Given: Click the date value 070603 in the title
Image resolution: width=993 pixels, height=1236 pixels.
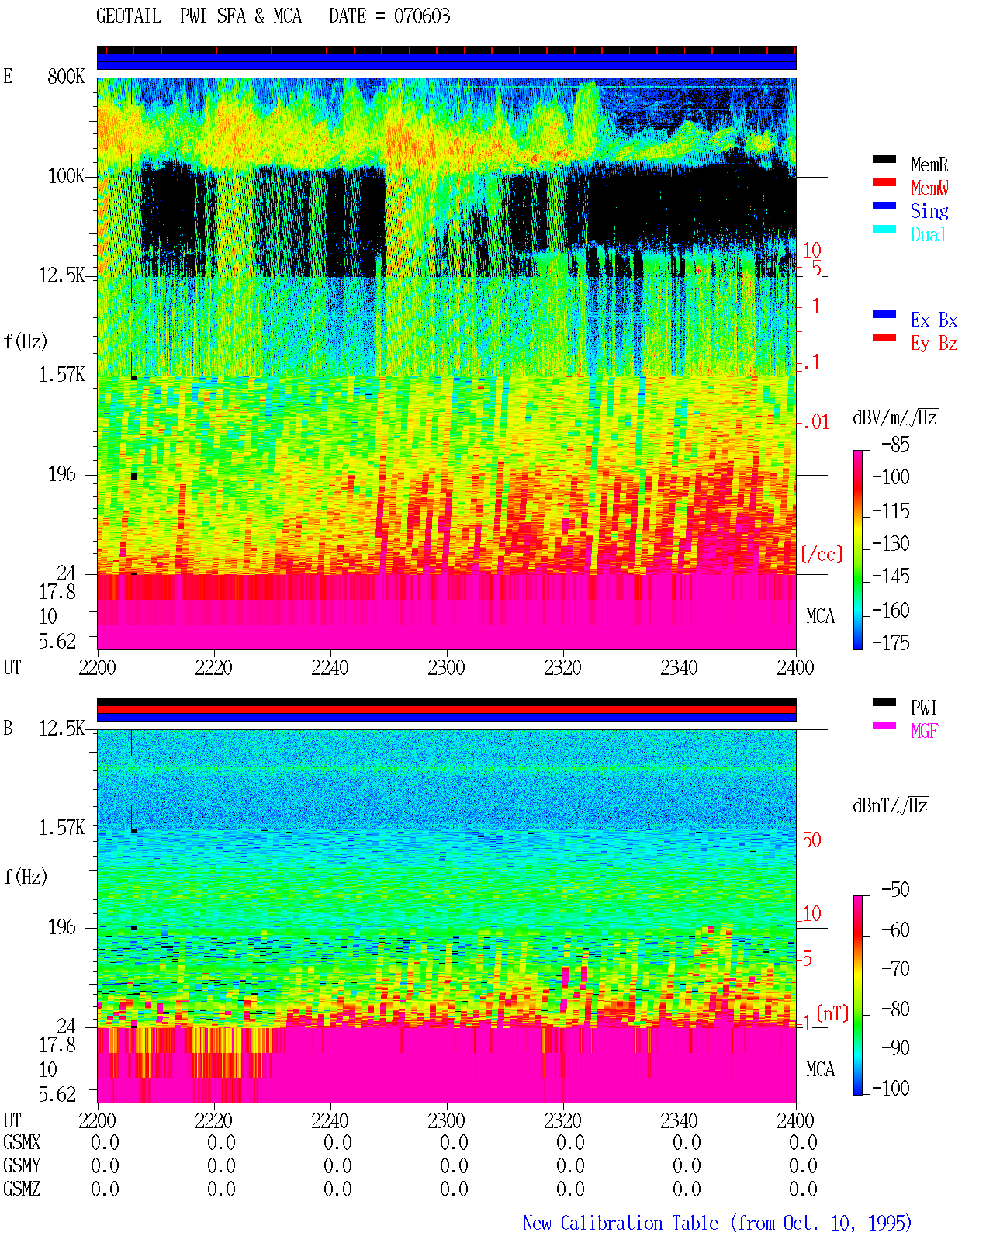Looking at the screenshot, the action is pos(422,16).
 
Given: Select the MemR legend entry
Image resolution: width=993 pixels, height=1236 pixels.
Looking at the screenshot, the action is pos(929,164).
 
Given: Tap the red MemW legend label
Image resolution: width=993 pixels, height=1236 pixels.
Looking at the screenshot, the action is pos(929,188).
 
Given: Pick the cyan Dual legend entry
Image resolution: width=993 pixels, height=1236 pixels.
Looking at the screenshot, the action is pos(928,234).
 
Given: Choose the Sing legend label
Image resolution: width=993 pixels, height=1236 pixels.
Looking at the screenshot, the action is pos(929,211).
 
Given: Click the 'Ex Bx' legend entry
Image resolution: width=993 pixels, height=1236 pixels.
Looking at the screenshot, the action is pos(934,320).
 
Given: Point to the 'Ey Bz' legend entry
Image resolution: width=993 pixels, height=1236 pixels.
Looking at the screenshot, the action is pos(934,344).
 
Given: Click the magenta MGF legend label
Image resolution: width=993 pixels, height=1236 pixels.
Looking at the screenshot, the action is pos(924,731).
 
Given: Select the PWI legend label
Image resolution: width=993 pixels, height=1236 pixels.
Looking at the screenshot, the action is pos(923,708).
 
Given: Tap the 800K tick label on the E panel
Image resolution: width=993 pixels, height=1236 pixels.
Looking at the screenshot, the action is pos(66,76).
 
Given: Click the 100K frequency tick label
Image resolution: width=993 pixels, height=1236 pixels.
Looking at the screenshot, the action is pos(66,176).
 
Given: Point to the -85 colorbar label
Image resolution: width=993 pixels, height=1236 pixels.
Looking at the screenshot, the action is pos(895,444).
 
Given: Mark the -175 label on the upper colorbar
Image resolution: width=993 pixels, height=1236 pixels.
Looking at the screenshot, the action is pos(891,642).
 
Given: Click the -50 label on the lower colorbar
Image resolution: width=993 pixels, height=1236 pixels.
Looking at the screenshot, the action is pos(895,890).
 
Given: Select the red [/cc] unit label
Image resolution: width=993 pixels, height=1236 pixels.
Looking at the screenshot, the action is pos(822,554).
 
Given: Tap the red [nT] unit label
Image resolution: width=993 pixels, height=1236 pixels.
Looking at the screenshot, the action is pos(832,1013).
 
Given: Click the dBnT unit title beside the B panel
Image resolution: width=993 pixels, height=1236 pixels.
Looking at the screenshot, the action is pos(890,805).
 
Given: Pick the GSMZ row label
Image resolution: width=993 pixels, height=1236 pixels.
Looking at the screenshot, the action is pos(22,1189).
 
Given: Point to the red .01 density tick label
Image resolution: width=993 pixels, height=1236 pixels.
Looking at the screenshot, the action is pos(816,423).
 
